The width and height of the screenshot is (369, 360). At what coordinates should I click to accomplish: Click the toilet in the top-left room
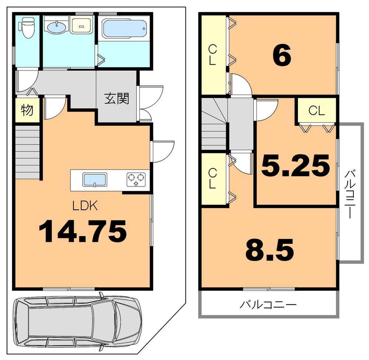[27, 28]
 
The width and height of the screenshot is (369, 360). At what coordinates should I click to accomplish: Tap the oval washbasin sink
[56, 26]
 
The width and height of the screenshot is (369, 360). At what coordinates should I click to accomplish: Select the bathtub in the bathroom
[124, 28]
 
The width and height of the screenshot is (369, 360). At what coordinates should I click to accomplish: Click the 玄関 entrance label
[117, 99]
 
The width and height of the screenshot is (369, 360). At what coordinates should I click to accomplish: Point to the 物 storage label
[27, 110]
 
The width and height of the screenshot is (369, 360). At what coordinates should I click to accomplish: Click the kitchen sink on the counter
[95, 181]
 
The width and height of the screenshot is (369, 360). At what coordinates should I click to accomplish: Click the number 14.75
[83, 232]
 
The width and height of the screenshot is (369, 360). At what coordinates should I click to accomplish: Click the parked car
[77, 320]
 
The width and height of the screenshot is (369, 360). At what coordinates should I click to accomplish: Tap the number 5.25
[295, 166]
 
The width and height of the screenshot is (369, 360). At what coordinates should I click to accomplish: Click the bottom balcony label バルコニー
[268, 305]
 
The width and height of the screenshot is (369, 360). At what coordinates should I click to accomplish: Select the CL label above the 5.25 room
[317, 110]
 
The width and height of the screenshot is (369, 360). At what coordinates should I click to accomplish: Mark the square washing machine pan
[80, 26]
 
